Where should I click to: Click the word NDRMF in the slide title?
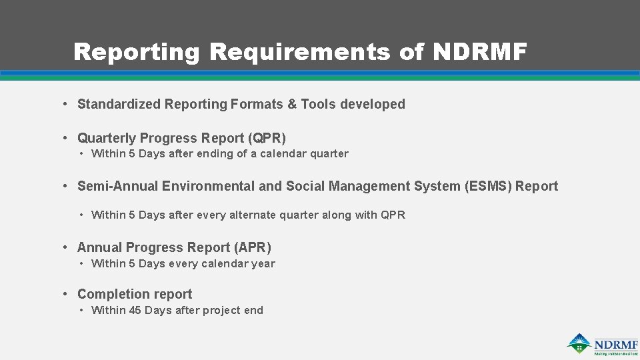click(x=480, y=51)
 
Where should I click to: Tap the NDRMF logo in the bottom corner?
click(x=603, y=344)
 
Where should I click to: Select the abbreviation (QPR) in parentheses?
click(x=267, y=138)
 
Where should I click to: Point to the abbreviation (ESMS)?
click(x=488, y=186)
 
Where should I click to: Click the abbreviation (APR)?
click(x=253, y=247)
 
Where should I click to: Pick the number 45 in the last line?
click(x=135, y=310)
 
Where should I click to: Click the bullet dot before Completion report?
click(x=65, y=294)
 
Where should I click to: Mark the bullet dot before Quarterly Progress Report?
click(x=65, y=138)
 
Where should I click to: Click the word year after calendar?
click(x=263, y=263)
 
